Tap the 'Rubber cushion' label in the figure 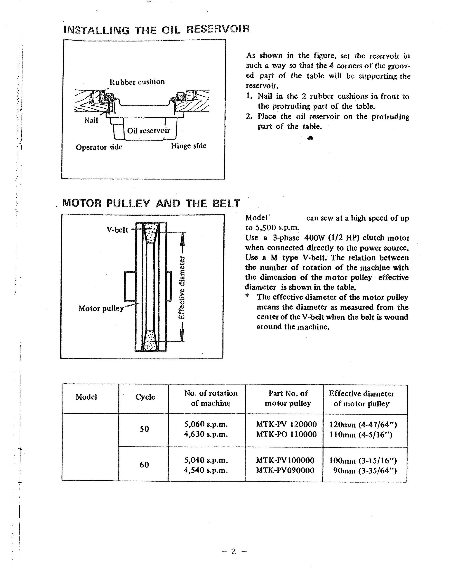pos(137,82)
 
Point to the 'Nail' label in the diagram pos(91,120)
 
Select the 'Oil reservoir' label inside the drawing pos(148,131)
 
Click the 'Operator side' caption pos(99,147)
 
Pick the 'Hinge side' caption pos(189,146)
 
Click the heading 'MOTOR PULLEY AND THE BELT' pos(151,203)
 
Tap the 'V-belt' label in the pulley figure pos(117,230)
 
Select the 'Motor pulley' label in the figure pos(101,308)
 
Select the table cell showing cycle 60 pos(144,465)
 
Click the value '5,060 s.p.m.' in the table pos(206,424)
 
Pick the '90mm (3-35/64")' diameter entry pos(365,470)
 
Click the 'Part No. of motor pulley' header pos(288,398)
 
